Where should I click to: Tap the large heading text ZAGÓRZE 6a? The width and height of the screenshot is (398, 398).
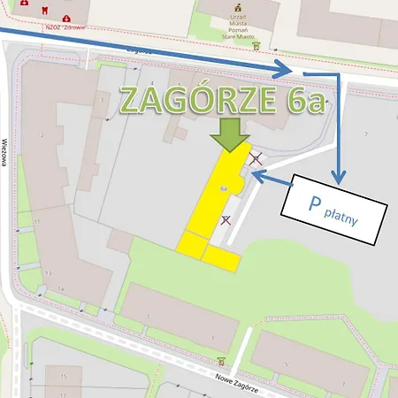221,100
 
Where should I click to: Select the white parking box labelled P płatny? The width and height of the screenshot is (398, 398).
334,213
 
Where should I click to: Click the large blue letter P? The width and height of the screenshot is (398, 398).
313,206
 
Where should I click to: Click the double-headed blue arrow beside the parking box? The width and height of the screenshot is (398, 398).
272,180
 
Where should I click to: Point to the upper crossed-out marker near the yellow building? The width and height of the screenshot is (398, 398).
256,159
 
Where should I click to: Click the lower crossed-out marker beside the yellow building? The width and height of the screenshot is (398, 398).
226,219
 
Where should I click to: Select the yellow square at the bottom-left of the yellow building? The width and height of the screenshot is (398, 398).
192,242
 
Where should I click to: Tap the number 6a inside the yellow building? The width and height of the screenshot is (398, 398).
225,188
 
